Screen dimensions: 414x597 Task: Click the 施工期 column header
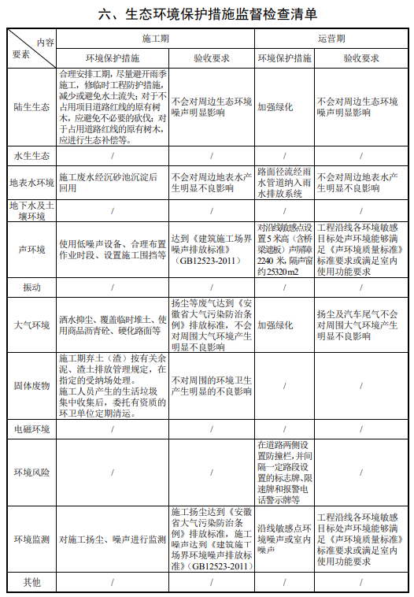click(x=155, y=38)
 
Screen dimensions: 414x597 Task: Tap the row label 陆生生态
click(x=31, y=107)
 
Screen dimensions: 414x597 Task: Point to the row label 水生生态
click(x=31, y=156)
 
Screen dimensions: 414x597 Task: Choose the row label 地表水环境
click(x=31, y=184)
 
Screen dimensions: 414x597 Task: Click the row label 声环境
click(x=31, y=250)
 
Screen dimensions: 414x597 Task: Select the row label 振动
click(x=31, y=287)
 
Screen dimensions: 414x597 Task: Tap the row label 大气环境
click(x=31, y=324)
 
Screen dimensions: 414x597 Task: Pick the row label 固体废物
click(x=31, y=386)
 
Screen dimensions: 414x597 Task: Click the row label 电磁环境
click(x=31, y=429)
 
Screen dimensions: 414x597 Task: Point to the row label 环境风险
click(x=31, y=473)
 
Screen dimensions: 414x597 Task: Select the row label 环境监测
click(x=31, y=540)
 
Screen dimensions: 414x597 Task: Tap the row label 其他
click(x=31, y=582)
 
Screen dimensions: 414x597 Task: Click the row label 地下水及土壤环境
click(x=31, y=210)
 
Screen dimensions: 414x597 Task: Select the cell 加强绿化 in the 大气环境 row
click(x=275, y=324)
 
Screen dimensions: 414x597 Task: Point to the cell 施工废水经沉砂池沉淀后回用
click(x=111, y=184)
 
